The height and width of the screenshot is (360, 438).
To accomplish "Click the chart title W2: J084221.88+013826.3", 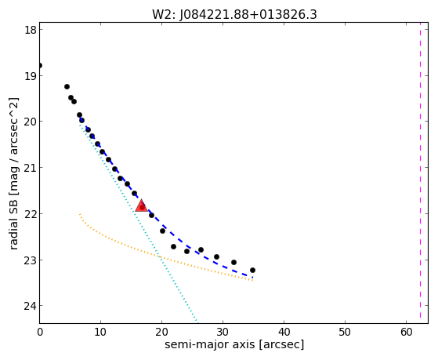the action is [x=234, y=14].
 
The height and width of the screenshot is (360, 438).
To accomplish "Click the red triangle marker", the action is [x=141, y=205].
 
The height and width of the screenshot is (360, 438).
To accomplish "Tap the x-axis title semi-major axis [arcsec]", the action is [x=234, y=344].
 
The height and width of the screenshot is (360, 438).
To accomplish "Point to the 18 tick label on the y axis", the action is [x=31, y=30].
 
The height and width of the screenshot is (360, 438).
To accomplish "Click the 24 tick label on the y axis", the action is [x=31, y=306].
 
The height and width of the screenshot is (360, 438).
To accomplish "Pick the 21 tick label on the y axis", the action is [x=31, y=168].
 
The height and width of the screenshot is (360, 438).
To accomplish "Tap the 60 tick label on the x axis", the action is [x=407, y=332].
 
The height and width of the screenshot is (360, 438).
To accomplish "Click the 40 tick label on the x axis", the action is [x=284, y=332].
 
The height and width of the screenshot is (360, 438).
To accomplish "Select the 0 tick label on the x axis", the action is [x=40, y=332].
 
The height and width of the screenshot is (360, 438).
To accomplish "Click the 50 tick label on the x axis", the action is [x=346, y=332].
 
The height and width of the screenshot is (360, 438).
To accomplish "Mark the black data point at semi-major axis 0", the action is [x=40, y=65].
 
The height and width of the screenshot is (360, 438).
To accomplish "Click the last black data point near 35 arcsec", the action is [x=252, y=270].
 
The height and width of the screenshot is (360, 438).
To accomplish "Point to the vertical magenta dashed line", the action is [x=420, y=173].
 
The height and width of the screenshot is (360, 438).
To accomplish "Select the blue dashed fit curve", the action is [x=157, y=220].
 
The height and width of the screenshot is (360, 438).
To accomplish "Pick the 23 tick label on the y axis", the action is [x=31, y=260].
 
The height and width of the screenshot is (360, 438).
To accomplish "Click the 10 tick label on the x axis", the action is [x=100, y=332].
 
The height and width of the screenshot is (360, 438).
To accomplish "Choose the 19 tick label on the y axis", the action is [x=31, y=76].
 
